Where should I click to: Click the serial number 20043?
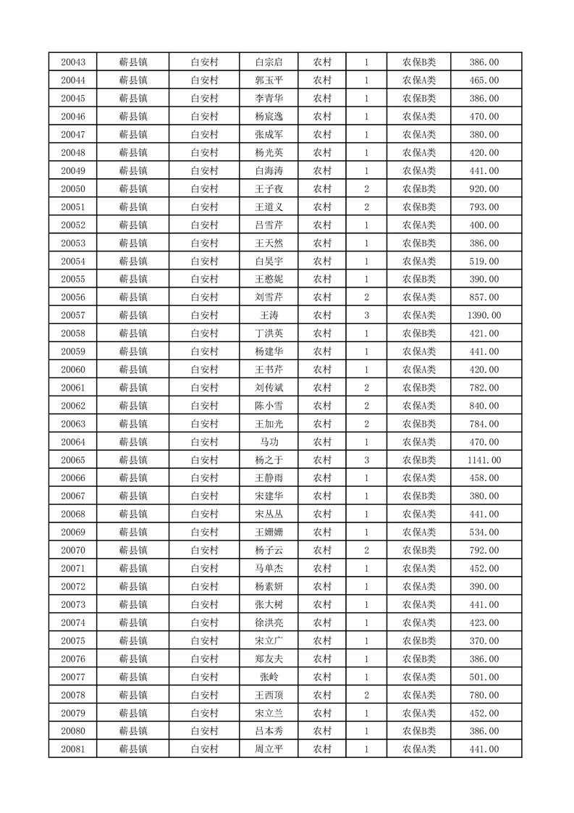(73, 62)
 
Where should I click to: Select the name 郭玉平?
(269, 80)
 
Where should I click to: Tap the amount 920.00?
(484, 189)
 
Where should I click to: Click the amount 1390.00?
(484, 315)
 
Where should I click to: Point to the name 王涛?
(269, 315)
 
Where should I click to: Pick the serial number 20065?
(73, 460)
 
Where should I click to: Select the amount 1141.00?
(484, 460)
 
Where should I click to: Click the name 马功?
(269, 442)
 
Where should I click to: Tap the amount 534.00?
(484, 533)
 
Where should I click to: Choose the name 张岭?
(269, 677)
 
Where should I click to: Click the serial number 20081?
(73, 749)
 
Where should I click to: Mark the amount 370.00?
(484, 641)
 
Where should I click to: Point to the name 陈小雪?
(269, 406)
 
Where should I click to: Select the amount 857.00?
(484, 297)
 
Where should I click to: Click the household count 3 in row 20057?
(367, 315)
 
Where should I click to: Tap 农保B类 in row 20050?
(419, 189)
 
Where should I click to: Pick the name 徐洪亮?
(269, 622)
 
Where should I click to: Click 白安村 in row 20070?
(204, 550)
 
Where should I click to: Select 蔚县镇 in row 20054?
(133, 261)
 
